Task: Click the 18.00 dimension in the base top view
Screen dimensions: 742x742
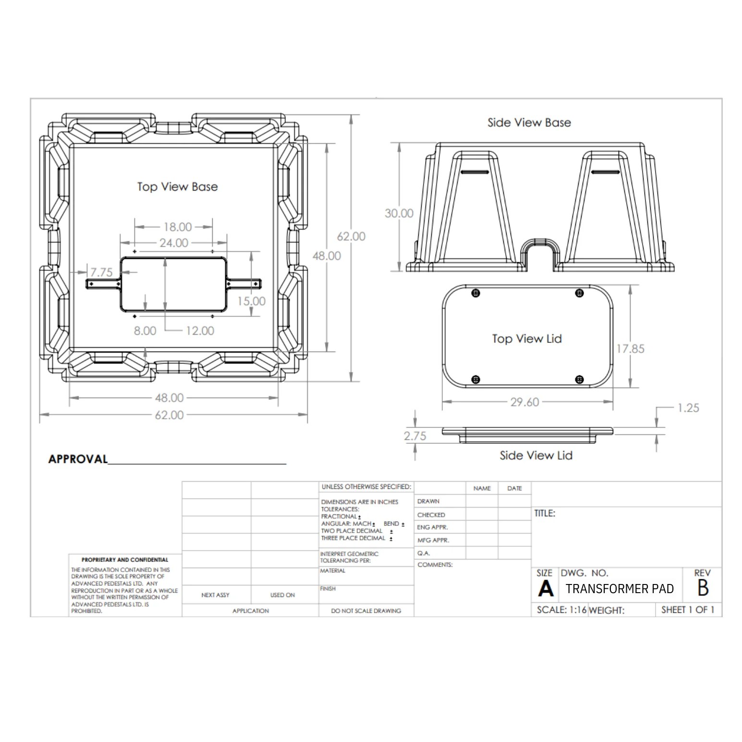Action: (177, 227)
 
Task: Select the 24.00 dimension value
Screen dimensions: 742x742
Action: (174, 243)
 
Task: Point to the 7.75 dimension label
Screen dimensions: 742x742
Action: (101, 272)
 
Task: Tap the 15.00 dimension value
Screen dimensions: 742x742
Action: (251, 301)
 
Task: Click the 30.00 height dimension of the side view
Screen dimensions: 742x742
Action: (399, 213)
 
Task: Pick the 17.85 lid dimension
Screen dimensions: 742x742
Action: (630, 349)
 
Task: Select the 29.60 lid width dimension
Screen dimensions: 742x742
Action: (524, 402)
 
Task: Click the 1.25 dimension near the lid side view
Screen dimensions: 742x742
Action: (688, 408)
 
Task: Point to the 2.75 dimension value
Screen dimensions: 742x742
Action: (414, 436)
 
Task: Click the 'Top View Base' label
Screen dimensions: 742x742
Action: (177, 187)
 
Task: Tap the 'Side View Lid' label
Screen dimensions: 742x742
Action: (536, 455)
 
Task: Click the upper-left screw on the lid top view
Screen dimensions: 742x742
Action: (475, 293)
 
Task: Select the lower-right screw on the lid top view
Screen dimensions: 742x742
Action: (579, 380)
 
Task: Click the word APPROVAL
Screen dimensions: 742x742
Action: (78, 459)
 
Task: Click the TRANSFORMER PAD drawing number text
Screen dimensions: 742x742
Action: (620, 589)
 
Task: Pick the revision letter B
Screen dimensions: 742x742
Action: (703, 588)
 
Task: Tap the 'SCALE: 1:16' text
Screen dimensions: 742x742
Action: (561, 610)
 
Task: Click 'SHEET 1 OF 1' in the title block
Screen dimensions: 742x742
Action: (688, 610)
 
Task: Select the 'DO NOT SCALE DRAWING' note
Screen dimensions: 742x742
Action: (366, 611)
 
